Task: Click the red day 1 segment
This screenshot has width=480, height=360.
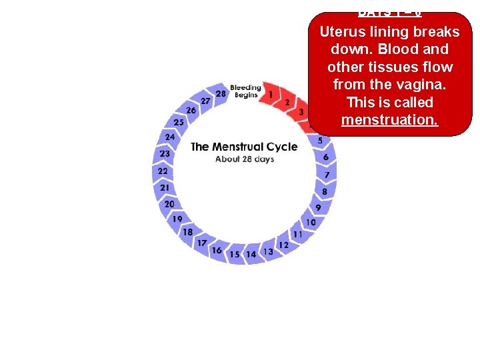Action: (x=270, y=95)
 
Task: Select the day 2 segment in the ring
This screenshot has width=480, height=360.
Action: (x=287, y=102)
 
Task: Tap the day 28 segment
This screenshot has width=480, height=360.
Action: (x=221, y=94)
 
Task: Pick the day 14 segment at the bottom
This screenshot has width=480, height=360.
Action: (x=251, y=254)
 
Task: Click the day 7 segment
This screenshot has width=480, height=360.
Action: (x=327, y=175)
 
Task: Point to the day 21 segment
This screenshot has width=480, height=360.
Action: (x=165, y=188)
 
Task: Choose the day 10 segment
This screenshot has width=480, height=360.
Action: (x=311, y=222)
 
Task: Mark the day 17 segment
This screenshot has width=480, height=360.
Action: (x=201, y=243)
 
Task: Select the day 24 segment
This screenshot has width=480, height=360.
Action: (x=170, y=137)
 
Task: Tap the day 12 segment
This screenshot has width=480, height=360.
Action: (x=283, y=245)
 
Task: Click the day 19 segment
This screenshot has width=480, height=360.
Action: (x=177, y=219)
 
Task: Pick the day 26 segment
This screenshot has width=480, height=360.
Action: (x=191, y=110)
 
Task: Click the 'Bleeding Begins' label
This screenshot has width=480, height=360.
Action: (x=245, y=91)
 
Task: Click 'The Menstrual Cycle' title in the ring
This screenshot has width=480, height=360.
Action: (x=244, y=147)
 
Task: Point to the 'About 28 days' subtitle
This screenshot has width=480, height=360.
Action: (x=244, y=159)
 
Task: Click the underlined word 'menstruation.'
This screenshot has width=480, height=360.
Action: (x=389, y=120)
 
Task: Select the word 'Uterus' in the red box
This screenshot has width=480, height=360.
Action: (x=341, y=32)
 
